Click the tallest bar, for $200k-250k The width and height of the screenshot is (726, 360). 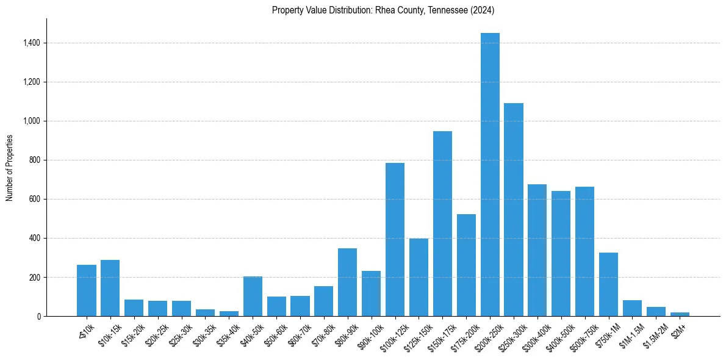pos(490,175)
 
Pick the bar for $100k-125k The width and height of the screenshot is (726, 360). pos(395,239)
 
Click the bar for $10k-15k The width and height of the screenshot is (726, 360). pos(110,288)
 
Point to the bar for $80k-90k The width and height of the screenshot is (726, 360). pos(347,282)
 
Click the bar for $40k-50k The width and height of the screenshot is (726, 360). pos(253,296)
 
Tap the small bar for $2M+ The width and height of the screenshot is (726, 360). pos(680,314)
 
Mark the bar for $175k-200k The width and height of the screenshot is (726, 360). pos(466,265)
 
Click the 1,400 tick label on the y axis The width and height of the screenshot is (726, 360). pos(32,43)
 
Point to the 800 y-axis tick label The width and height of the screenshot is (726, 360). pos(35,160)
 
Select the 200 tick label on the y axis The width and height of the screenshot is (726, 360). pos(35,277)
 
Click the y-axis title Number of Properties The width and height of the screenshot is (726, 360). pos(9,168)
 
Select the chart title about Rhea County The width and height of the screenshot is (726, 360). pos(383,10)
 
